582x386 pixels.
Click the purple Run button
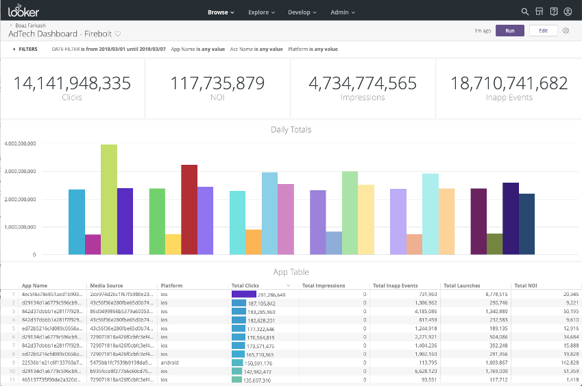coord(509,31)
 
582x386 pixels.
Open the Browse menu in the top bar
coord(221,12)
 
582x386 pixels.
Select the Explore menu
coord(261,12)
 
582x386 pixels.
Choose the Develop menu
coord(302,12)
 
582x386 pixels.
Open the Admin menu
coord(343,12)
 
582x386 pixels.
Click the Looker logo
coord(23,12)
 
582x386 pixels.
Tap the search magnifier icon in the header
coord(525,12)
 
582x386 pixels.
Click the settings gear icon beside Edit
coord(566,31)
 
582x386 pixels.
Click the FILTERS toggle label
coord(27,49)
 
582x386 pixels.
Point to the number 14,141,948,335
coord(72,84)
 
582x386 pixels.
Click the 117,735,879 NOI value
coord(217,84)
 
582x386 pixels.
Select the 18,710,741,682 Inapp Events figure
coord(509,84)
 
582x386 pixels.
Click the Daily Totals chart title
coord(291,129)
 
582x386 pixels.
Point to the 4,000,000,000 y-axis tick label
coord(20,144)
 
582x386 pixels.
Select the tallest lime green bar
coord(108,199)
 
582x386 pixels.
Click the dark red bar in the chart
coord(189,209)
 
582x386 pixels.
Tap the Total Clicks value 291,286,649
coord(271,294)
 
